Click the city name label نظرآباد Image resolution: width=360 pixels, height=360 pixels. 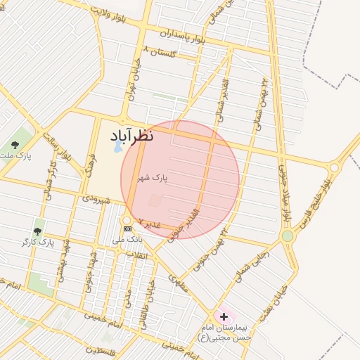[x=132, y=136]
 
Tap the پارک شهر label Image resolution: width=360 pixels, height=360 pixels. [x=153, y=179]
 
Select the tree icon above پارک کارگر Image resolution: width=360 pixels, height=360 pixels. [x=37, y=231]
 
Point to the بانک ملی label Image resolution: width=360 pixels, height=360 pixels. [x=131, y=239]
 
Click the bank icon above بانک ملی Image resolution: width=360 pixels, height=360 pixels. [x=127, y=229]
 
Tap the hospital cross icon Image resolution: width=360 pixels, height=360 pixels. [x=224, y=317]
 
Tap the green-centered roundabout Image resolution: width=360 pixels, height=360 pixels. [x=287, y=236]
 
